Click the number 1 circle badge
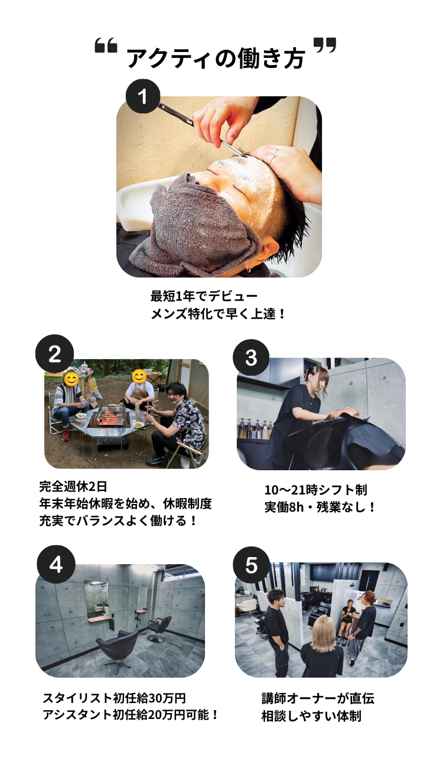click(143, 96)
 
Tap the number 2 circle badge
click(54, 353)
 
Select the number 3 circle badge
click(251, 357)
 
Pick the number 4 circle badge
click(56, 564)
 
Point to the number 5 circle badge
click(251, 565)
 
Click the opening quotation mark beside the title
click(106, 46)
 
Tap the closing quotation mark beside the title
click(325, 45)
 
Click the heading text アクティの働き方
click(216, 58)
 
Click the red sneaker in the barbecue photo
click(66, 434)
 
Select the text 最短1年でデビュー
click(204, 296)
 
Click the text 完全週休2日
click(73, 486)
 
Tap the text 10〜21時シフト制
click(315, 490)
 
